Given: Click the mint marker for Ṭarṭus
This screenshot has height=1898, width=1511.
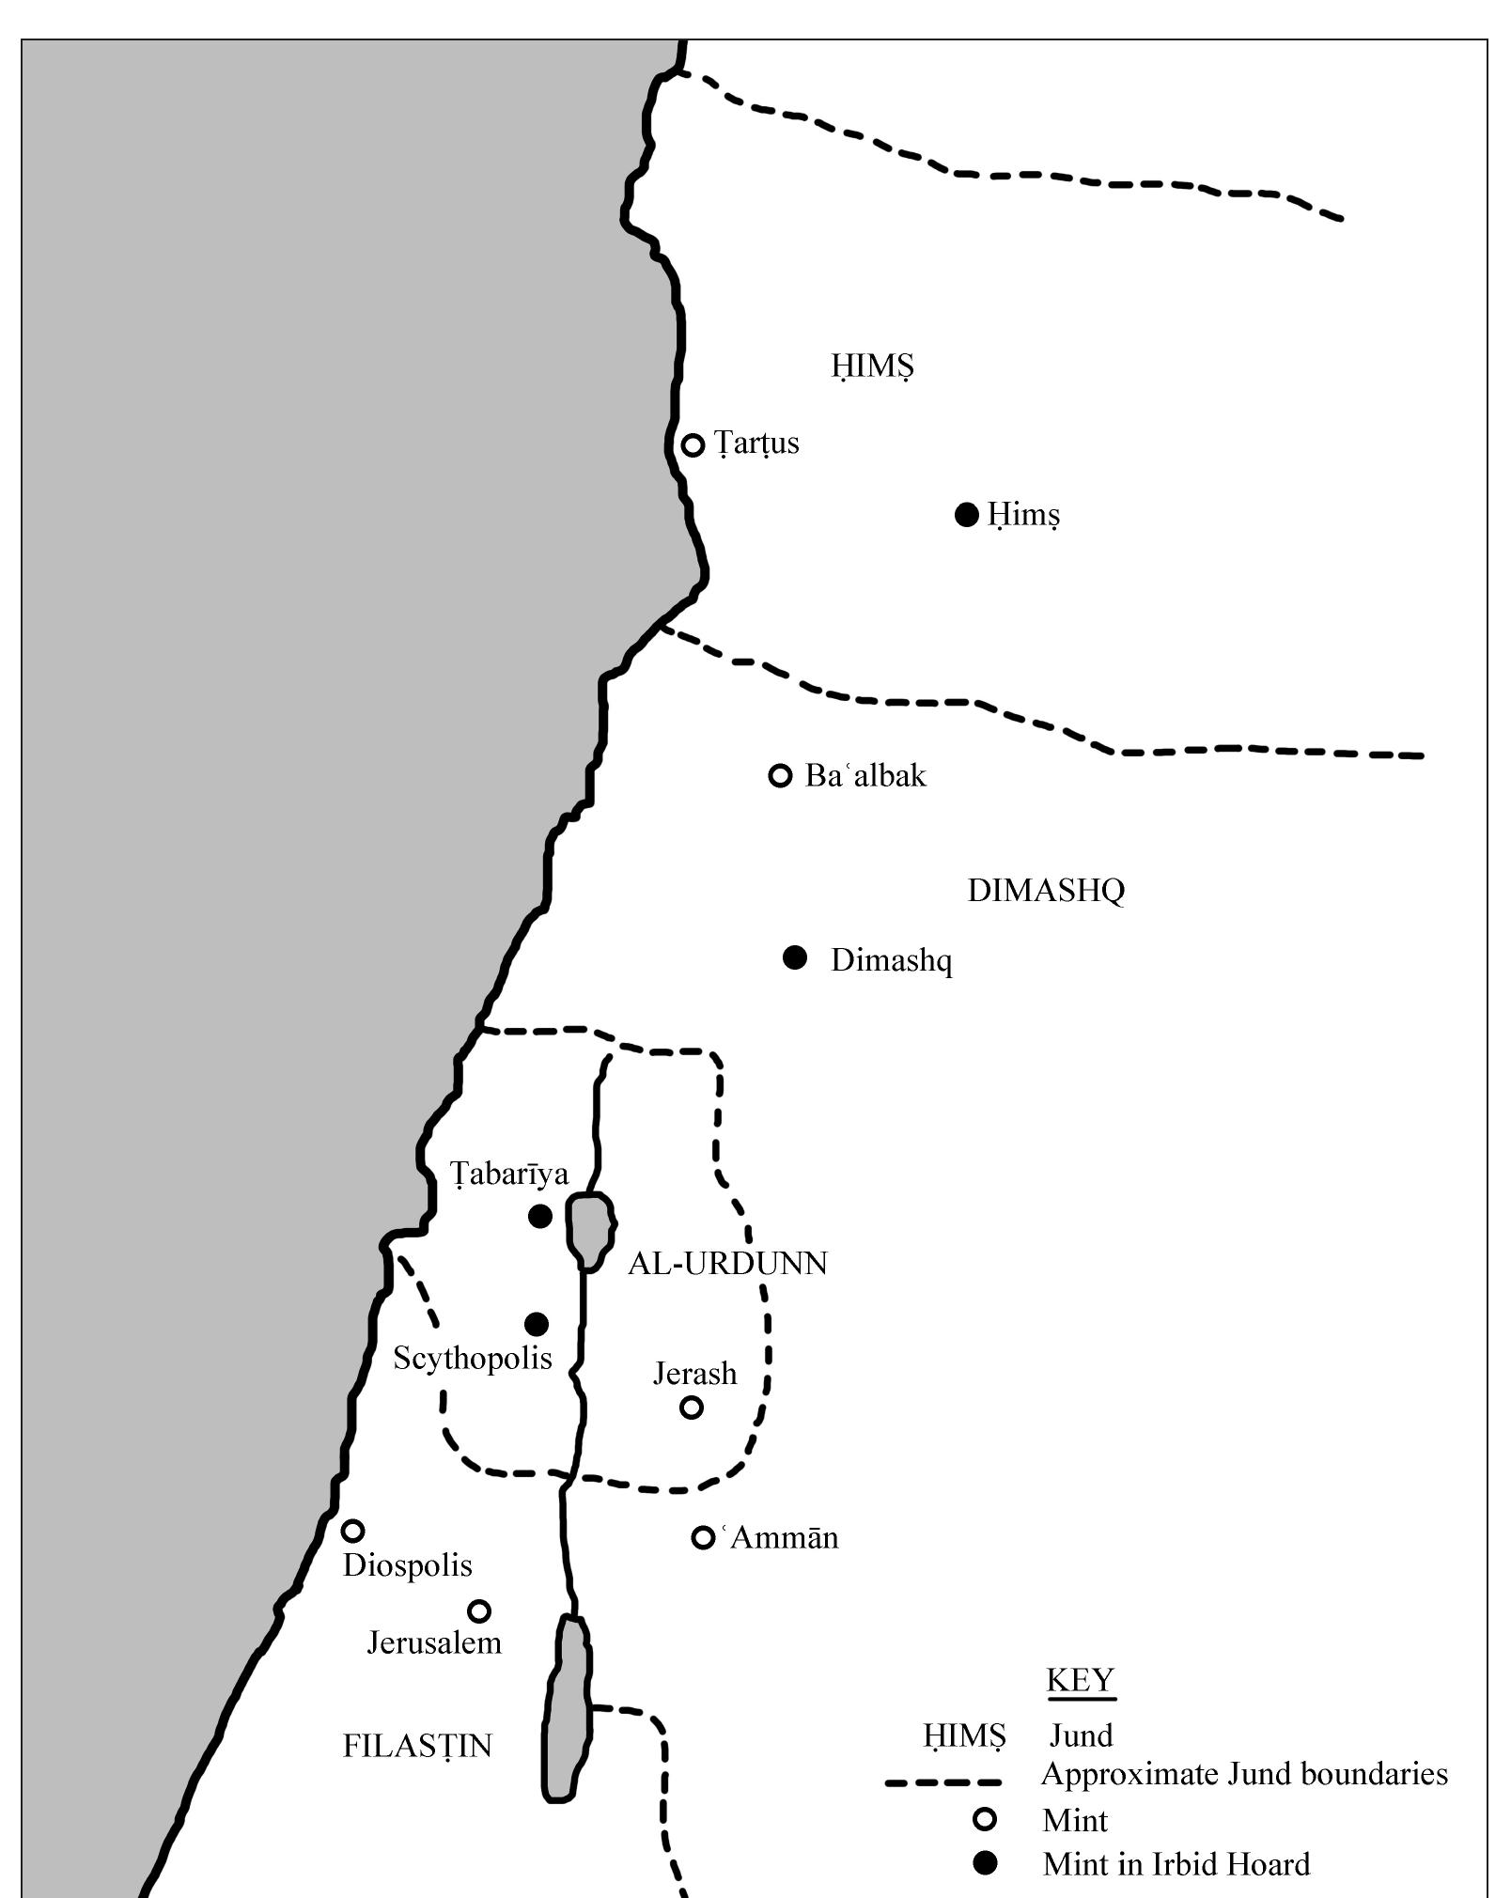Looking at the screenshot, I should pos(693,444).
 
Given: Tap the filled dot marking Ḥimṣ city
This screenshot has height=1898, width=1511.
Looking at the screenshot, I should pos(966,515).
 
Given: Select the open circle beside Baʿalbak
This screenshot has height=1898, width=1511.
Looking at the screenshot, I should pos(780,775).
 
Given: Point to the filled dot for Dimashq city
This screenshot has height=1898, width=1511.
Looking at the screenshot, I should pos(795,957).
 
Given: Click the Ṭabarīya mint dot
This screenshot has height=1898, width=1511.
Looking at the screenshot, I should pos(539,1217).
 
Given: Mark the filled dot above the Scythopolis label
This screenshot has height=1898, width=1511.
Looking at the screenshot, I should pos(536,1324).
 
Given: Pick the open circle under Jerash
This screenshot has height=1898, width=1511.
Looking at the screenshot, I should pos(692,1408).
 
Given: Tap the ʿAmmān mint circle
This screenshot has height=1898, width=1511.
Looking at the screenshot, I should pos(703,1537).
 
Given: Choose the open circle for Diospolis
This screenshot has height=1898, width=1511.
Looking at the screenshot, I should pos(352,1531).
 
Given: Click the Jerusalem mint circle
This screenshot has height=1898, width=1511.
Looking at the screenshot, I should pos(479,1611).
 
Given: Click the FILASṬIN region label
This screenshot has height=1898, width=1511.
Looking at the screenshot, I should pos(417,1745).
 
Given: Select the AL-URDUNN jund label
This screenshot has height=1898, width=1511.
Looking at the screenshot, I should pos(727,1264).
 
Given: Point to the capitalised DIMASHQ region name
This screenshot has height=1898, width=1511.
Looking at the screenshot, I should pos(1046,890).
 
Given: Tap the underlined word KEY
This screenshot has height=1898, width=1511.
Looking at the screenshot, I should pos(1081,1679).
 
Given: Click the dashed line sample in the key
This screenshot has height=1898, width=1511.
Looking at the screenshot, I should pos(942,1781).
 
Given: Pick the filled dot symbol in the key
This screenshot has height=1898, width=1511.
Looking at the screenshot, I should pos(985,1863).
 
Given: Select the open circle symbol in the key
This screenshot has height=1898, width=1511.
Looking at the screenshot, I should pos(985,1820).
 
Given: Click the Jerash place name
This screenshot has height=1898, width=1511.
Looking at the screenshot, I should pos(694,1374).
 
